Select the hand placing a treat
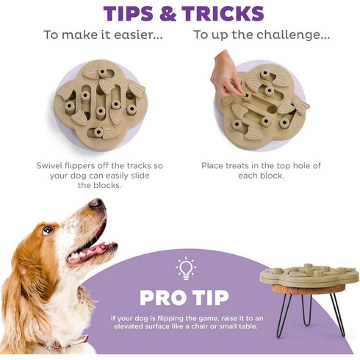click(x=226, y=74)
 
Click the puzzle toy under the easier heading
click(x=101, y=104)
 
